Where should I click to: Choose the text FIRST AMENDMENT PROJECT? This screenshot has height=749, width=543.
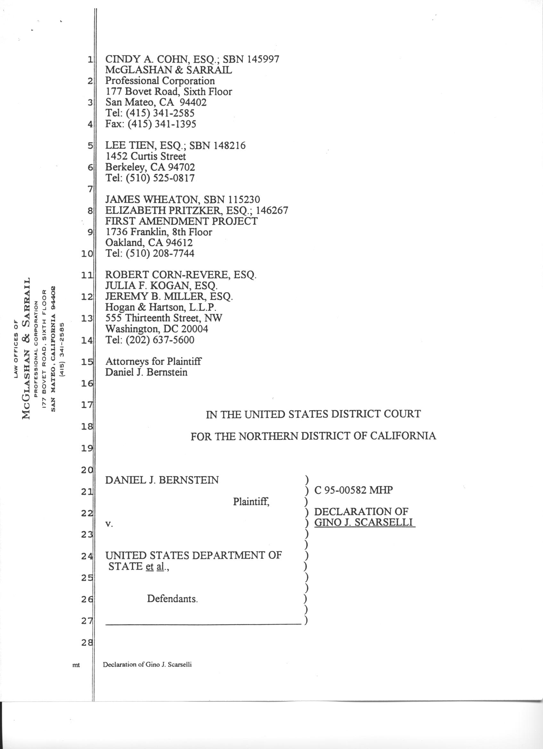pyautogui.click(x=181, y=221)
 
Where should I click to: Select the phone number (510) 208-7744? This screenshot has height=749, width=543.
pyautogui.click(x=160, y=253)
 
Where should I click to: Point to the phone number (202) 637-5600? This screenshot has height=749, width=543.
pyautogui.click(x=160, y=340)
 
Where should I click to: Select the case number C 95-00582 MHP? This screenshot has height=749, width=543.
pyautogui.click(x=353, y=490)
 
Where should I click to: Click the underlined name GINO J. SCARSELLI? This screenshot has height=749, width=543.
pyautogui.click(x=364, y=523)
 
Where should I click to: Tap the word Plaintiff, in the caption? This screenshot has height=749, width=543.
pyautogui.click(x=251, y=502)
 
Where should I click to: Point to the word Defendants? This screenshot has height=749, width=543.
pyautogui.click(x=172, y=599)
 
